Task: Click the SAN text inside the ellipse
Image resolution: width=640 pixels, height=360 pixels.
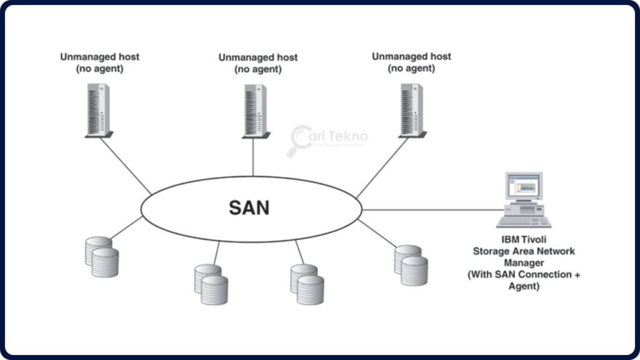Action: coord(249,207)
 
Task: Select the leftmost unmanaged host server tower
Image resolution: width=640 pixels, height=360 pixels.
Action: coord(99,110)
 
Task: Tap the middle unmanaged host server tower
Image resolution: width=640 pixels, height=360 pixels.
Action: coord(254,111)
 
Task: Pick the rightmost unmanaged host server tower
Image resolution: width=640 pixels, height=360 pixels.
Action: coord(411,110)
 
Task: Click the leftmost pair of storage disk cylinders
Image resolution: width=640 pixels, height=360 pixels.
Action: coord(101,257)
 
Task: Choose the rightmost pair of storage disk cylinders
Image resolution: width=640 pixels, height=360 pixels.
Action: coord(411,265)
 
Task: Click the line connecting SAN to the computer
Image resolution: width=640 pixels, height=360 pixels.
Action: coord(431,209)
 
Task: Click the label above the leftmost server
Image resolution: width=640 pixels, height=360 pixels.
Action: coord(99,62)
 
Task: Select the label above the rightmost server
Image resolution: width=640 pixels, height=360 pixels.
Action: coord(411,62)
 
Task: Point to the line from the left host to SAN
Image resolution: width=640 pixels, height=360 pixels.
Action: coord(125,166)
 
